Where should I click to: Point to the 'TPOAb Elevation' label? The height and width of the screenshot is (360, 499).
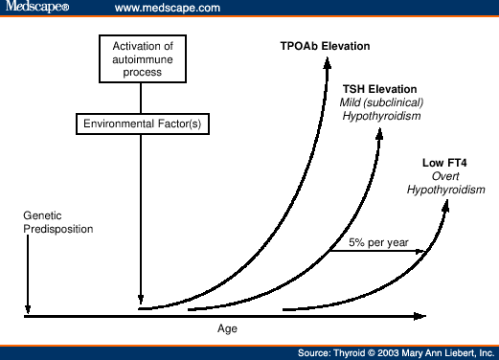[x=325, y=46]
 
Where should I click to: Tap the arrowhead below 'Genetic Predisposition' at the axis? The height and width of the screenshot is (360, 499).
[x=28, y=307]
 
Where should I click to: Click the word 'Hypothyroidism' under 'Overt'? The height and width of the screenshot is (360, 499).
[x=445, y=190]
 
